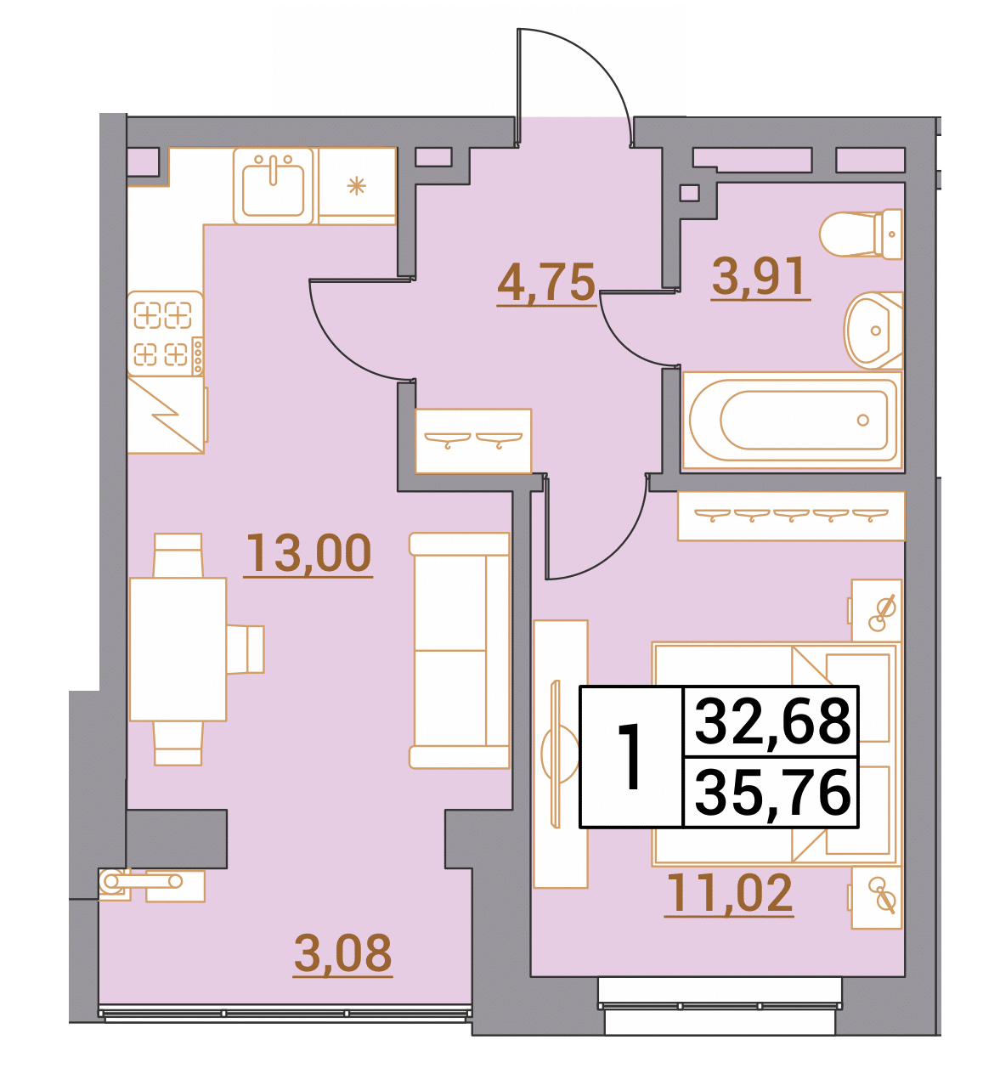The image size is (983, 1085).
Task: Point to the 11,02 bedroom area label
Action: pos(729,893)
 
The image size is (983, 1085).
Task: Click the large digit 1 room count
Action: pos(630,757)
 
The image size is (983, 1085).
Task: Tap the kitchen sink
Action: pos(274,185)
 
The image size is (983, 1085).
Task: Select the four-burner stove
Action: pos(166,334)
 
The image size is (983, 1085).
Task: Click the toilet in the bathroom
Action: pos(861,235)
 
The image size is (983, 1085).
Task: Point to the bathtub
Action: pos(793,420)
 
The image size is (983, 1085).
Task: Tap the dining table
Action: pos(178,649)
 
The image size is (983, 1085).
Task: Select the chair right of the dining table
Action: pos(245,649)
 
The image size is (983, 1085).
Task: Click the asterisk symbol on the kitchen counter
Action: pos(357,187)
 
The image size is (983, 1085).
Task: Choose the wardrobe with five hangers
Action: pos(791,516)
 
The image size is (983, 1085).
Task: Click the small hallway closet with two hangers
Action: pos(473,441)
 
